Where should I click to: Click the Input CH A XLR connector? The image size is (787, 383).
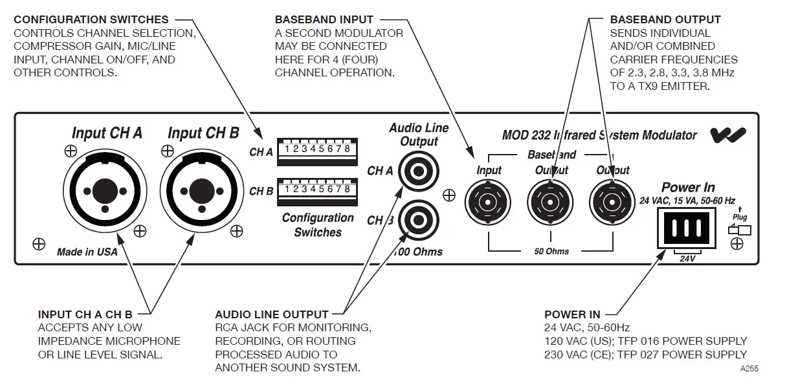point(100,190)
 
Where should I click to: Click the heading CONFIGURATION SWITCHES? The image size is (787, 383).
point(91,20)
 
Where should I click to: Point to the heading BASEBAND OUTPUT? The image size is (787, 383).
point(665,20)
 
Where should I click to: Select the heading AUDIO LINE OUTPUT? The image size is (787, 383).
point(272,314)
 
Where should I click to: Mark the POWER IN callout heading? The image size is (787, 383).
point(572,314)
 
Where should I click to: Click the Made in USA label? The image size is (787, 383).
point(87,252)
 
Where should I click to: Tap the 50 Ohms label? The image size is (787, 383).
point(551,251)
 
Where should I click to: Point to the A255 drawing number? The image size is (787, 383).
point(749,369)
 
